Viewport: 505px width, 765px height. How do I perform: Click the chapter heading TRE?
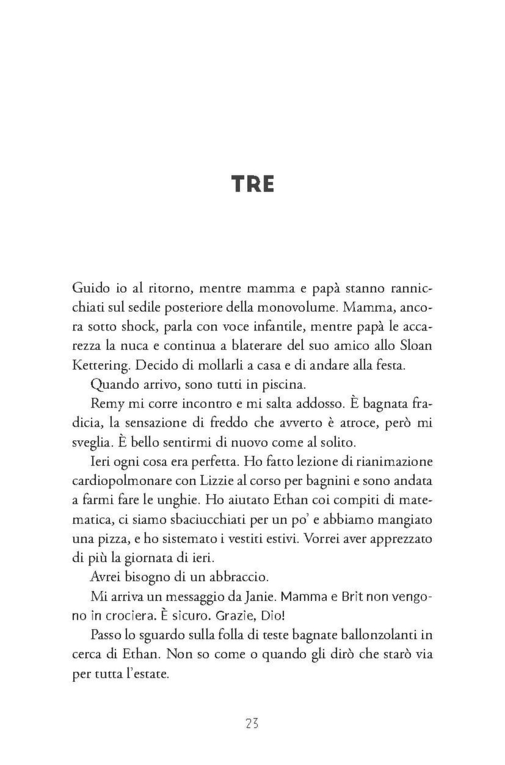tap(252, 184)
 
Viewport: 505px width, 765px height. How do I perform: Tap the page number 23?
tap(252, 724)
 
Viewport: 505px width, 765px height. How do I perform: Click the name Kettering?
tap(101, 365)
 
